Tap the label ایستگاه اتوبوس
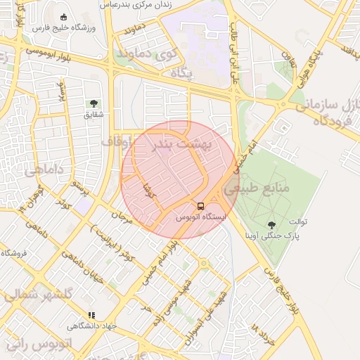coord(202,218)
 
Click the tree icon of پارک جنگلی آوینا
coord(271,225)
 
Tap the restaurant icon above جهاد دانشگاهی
coord(90,316)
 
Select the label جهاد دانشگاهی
coord(90,326)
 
